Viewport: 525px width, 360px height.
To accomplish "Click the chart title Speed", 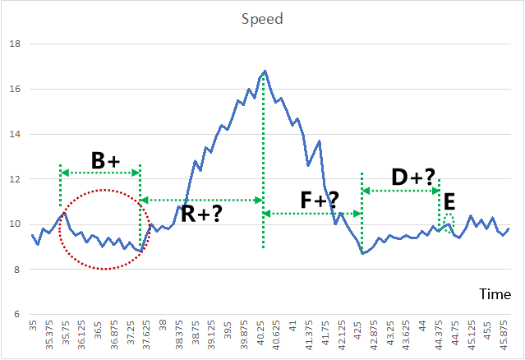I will tap(261, 17).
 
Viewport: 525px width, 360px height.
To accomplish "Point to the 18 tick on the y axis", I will tap(12, 44).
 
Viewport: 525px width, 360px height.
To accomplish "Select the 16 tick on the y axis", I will tap(12, 90).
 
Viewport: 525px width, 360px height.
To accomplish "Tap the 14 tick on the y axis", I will tap(12, 135).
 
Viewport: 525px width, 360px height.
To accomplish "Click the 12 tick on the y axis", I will tap(12, 179).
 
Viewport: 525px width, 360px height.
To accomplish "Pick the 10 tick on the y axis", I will tap(12, 224).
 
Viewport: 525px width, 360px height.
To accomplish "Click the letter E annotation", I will tap(449, 203).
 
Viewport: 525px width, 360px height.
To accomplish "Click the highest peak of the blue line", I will tap(265, 72).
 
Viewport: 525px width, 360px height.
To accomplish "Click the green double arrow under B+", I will tap(100, 173).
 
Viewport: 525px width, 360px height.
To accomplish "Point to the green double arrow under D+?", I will tap(401, 191).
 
